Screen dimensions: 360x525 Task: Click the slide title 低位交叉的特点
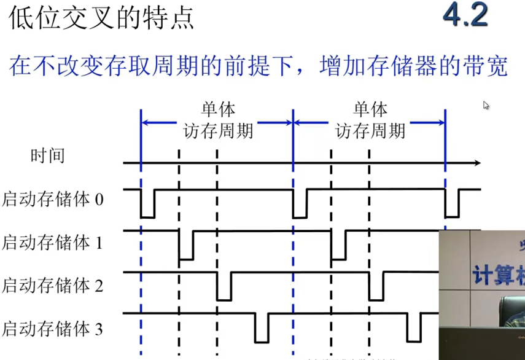pos(101,18)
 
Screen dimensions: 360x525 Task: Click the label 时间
pos(47,155)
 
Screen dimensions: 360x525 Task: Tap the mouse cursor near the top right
pos(486,105)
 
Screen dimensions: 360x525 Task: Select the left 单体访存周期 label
pos(217,120)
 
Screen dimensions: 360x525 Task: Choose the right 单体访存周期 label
pos(370,120)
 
